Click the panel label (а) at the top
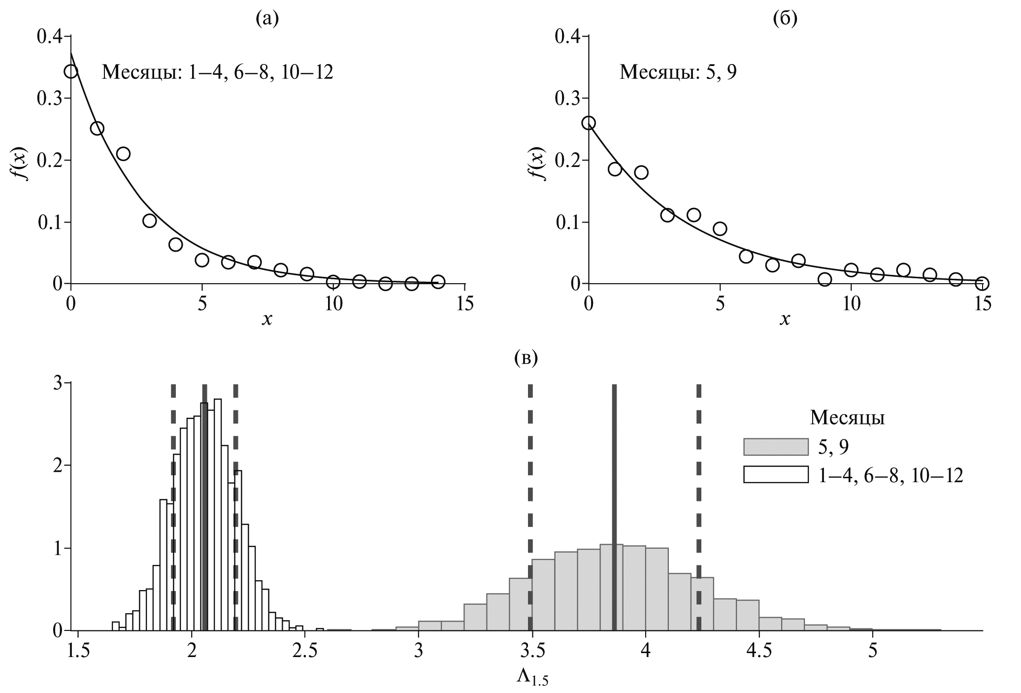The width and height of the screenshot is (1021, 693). pos(267,19)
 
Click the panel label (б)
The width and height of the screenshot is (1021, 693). pos(785,19)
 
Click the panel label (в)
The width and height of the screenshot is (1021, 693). pos(526,358)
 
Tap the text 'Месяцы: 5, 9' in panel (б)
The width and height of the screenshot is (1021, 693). pos(678,72)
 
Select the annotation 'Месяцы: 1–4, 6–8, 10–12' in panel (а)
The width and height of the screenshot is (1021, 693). pos(217,72)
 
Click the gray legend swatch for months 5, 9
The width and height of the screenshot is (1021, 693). pos(776,447)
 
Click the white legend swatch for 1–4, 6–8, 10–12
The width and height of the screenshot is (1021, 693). pos(776,475)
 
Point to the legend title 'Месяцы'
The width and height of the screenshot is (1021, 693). pos(847,418)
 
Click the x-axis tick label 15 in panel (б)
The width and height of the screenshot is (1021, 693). pos(982,304)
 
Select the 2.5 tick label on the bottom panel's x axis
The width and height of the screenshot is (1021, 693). pos(304,652)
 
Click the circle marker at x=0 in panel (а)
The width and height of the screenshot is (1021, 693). pos(71,71)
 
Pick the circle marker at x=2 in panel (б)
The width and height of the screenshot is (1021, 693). pos(641,172)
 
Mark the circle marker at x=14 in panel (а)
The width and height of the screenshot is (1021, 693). pos(438,282)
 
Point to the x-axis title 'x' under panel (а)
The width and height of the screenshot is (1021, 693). pos(267,320)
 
